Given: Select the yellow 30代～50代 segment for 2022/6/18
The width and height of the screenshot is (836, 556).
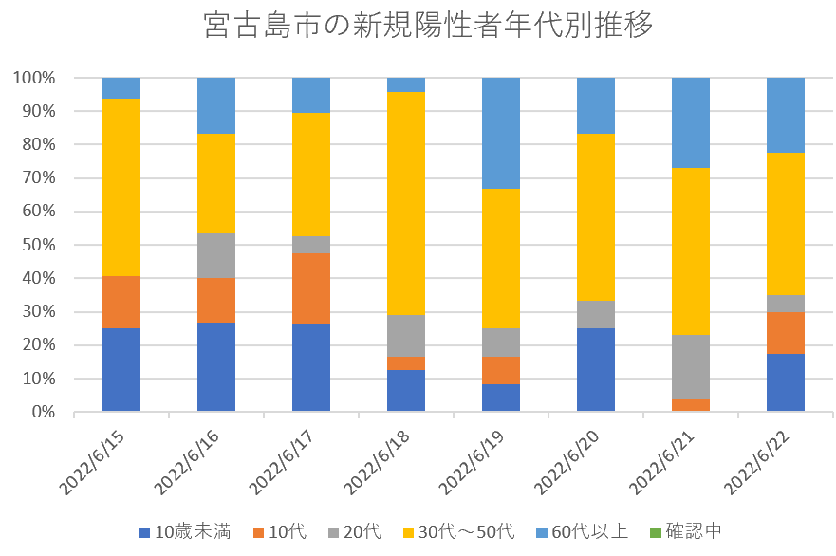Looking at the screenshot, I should [406, 203].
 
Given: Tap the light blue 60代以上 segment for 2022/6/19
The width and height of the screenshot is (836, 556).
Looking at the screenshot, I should [501, 133].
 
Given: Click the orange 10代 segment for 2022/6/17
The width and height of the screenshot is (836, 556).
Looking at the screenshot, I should [311, 288].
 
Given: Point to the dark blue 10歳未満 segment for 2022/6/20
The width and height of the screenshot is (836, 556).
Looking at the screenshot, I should [596, 369].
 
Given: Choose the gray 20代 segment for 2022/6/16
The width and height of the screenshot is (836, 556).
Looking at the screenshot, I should [216, 255].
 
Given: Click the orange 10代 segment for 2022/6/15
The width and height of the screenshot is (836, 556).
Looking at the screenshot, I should [121, 302].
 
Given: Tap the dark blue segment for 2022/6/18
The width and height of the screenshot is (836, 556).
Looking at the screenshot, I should [406, 390].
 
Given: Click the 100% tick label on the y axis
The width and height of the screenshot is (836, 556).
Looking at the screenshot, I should [34, 78].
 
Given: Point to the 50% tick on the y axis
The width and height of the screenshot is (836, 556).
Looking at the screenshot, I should [38, 245].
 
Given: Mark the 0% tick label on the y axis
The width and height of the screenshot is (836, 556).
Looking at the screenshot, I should [43, 412].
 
